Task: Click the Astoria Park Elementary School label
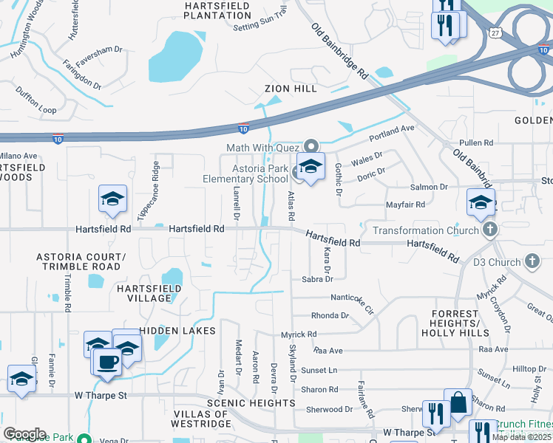click(x=245, y=174)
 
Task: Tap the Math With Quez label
click(x=264, y=148)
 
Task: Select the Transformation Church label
click(x=425, y=230)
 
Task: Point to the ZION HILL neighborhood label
click(x=291, y=89)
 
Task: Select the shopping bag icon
click(x=458, y=404)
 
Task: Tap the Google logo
click(x=24, y=433)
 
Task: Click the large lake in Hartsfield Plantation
click(x=176, y=57)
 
